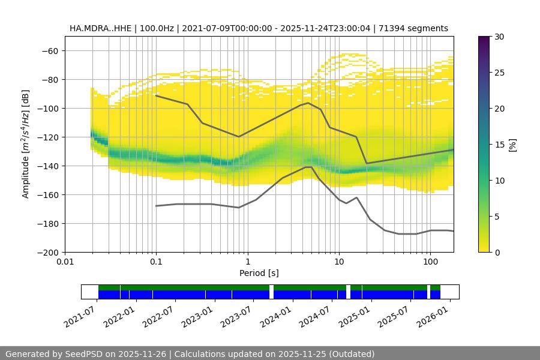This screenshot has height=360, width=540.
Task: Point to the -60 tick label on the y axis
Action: [49, 50]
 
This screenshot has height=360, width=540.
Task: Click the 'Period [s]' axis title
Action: [259, 273]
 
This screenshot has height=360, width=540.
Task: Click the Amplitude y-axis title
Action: [25, 144]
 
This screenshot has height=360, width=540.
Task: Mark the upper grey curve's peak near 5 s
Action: [308, 103]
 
